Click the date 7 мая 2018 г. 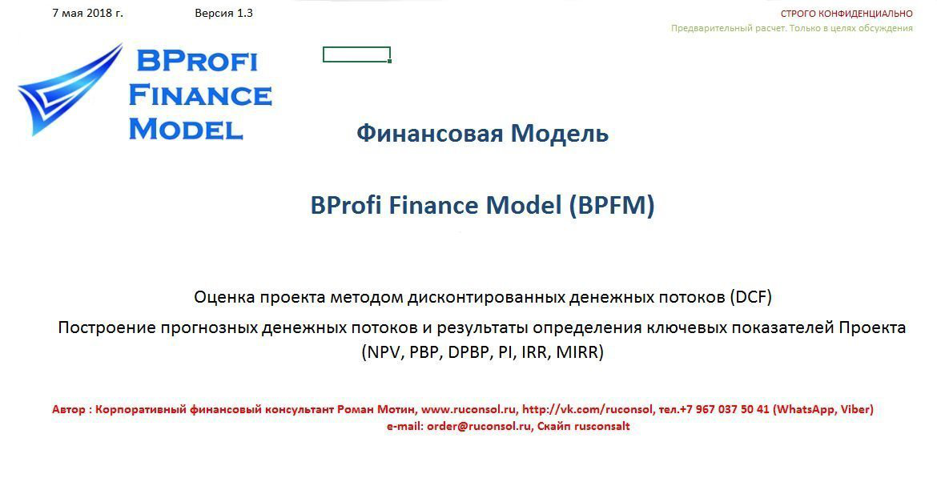(88, 13)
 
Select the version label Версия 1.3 (223, 13)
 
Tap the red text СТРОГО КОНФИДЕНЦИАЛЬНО (847, 14)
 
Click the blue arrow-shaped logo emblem (69, 90)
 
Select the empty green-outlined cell (356, 54)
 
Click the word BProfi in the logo (196, 61)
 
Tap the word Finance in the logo (200, 95)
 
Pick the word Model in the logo (186, 129)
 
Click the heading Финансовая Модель (482, 133)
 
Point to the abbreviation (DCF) (750, 297)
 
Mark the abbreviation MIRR (577, 352)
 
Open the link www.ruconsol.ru (468, 410)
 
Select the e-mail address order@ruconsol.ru (479, 427)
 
